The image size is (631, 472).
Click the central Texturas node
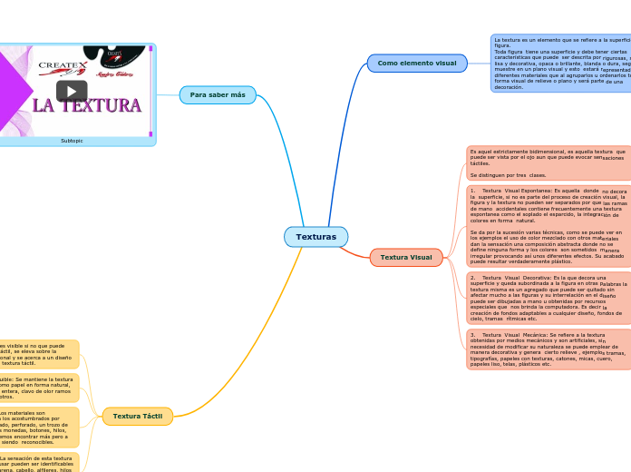click(x=315, y=237)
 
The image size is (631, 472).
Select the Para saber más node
click(x=218, y=95)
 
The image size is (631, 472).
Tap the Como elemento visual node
click(x=417, y=63)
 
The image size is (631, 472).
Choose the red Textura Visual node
click(x=406, y=258)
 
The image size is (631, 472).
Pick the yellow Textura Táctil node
click(x=137, y=417)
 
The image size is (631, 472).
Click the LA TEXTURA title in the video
click(x=87, y=106)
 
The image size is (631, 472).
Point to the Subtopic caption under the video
click(x=72, y=141)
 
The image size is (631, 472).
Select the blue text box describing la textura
click(x=560, y=63)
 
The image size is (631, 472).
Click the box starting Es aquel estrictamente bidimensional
click(x=548, y=163)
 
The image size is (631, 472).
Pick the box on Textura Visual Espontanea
click(x=548, y=226)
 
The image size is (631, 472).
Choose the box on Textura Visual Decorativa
click(x=548, y=298)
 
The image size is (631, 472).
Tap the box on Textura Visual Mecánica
click(x=548, y=349)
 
